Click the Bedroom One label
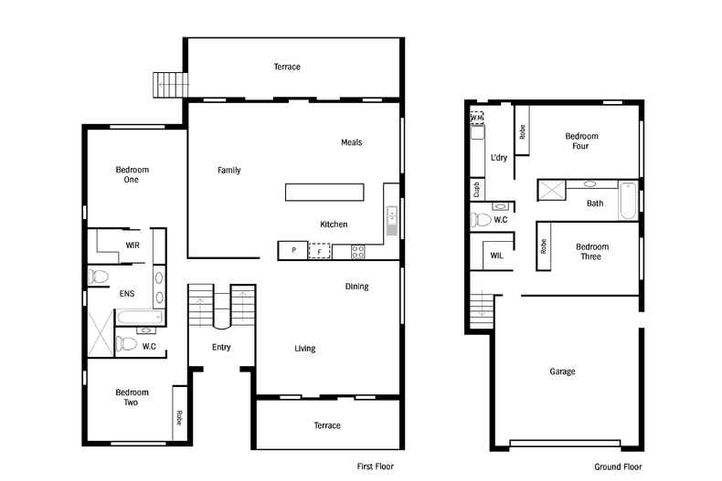tap(132, 174)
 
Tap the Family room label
tap(228, 170)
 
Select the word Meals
tap(351, 142)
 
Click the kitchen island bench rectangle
tap(324, 192)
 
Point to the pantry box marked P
tap(293, 250)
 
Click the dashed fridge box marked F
tap(320, 250)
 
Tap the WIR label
tap(133, 246)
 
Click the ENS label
tap(127, 294)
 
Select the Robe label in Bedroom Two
tap(179, 418)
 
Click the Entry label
tap(221, 347)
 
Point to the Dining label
tap(356, 287)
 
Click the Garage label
tap(562, 371)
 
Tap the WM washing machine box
tap(476, 118)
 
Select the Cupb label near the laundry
tap(476, 190)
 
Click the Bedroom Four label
tap(580, 141)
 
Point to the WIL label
tap(496, 256)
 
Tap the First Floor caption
tap(375, 466)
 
